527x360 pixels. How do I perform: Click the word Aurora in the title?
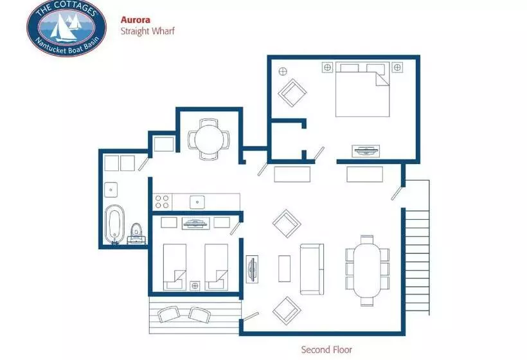coord(136,20)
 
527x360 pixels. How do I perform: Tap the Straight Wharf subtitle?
coord(148,32)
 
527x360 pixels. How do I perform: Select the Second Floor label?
coord(326,350)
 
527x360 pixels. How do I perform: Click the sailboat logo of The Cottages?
coord(67,28)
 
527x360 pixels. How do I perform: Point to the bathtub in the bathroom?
coord(114,224)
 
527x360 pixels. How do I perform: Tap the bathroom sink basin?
coord(111,190)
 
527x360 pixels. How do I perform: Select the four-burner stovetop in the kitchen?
coord(162,202)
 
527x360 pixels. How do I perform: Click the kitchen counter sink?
coord(197,202)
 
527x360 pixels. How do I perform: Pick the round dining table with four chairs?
coord(209,139)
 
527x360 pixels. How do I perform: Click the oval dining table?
coord(367,271)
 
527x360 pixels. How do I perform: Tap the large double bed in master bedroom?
coord(362,89)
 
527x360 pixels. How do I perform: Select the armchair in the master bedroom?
coord(292,93)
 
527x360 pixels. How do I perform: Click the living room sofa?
coord(312,269)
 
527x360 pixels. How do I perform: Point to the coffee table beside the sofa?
coord(284,269)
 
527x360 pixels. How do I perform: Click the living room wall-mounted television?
coord(252,269)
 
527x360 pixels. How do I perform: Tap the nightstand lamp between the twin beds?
coord(195,285)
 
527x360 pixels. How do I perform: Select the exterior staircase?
coord(416,248)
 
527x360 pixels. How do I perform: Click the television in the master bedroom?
coord(366,151)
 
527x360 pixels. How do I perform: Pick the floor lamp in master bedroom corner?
coord(283,71)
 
